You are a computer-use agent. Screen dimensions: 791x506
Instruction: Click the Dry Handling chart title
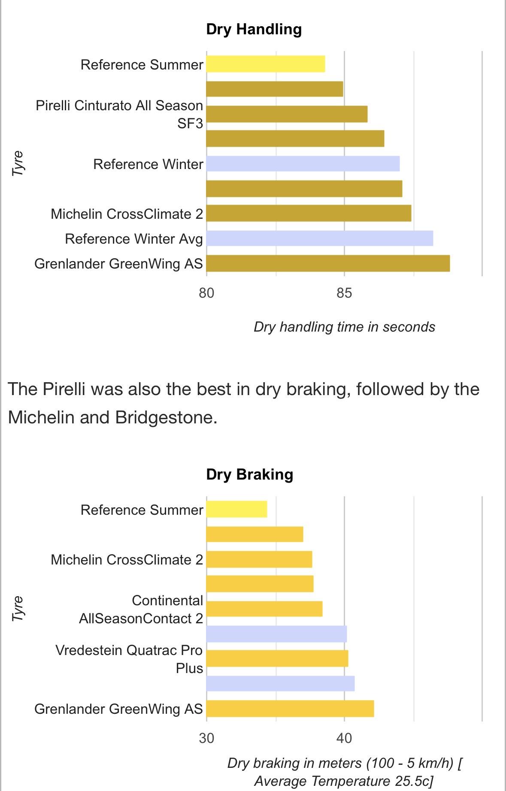[x=254, y=29]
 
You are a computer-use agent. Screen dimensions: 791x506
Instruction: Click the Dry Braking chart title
[x=249, y=474]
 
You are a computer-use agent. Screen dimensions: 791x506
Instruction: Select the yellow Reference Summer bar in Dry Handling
[x=265, y=64]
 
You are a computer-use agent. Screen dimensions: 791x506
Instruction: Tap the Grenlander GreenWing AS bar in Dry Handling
[x=328, y=263]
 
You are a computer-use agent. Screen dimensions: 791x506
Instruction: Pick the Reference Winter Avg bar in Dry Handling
[x=319, y=239]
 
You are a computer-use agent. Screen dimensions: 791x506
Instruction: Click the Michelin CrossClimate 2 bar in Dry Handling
[x=309, y=214]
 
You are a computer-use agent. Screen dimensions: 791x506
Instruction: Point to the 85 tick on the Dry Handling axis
[x=344, y=293]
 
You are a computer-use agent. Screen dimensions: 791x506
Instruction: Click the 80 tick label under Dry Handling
[x=206, y=293]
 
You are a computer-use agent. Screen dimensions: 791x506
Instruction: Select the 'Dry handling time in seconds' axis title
[x=344, y=327]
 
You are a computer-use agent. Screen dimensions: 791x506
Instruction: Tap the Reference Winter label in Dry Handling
[x=148, y=164]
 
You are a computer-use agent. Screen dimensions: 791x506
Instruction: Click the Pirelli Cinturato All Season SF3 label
[x=119, y=114]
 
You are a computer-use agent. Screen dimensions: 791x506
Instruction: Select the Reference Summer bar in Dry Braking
[x=236, y=510]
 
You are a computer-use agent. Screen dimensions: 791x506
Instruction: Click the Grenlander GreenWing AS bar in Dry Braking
[x=290, y=709]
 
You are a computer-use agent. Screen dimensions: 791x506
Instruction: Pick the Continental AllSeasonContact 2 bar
[x=264, y=609]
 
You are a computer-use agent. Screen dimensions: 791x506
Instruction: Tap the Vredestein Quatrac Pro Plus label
[x=129, y=659]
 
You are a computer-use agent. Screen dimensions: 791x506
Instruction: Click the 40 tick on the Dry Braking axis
[x=344, y=738]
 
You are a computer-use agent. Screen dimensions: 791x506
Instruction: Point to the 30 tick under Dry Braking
[x=206, y=738]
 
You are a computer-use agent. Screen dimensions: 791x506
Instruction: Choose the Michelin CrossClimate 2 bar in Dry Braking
[x=259, y=559]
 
